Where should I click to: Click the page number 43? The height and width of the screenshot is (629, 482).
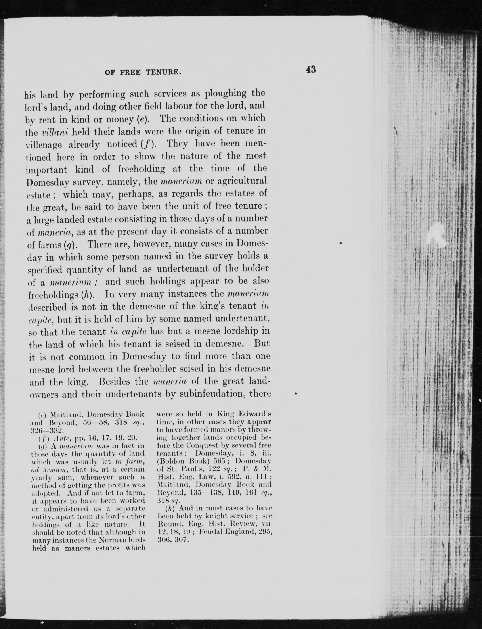(x=311, y=69)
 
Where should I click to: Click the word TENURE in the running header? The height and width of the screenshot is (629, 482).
(x=163, y=72)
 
